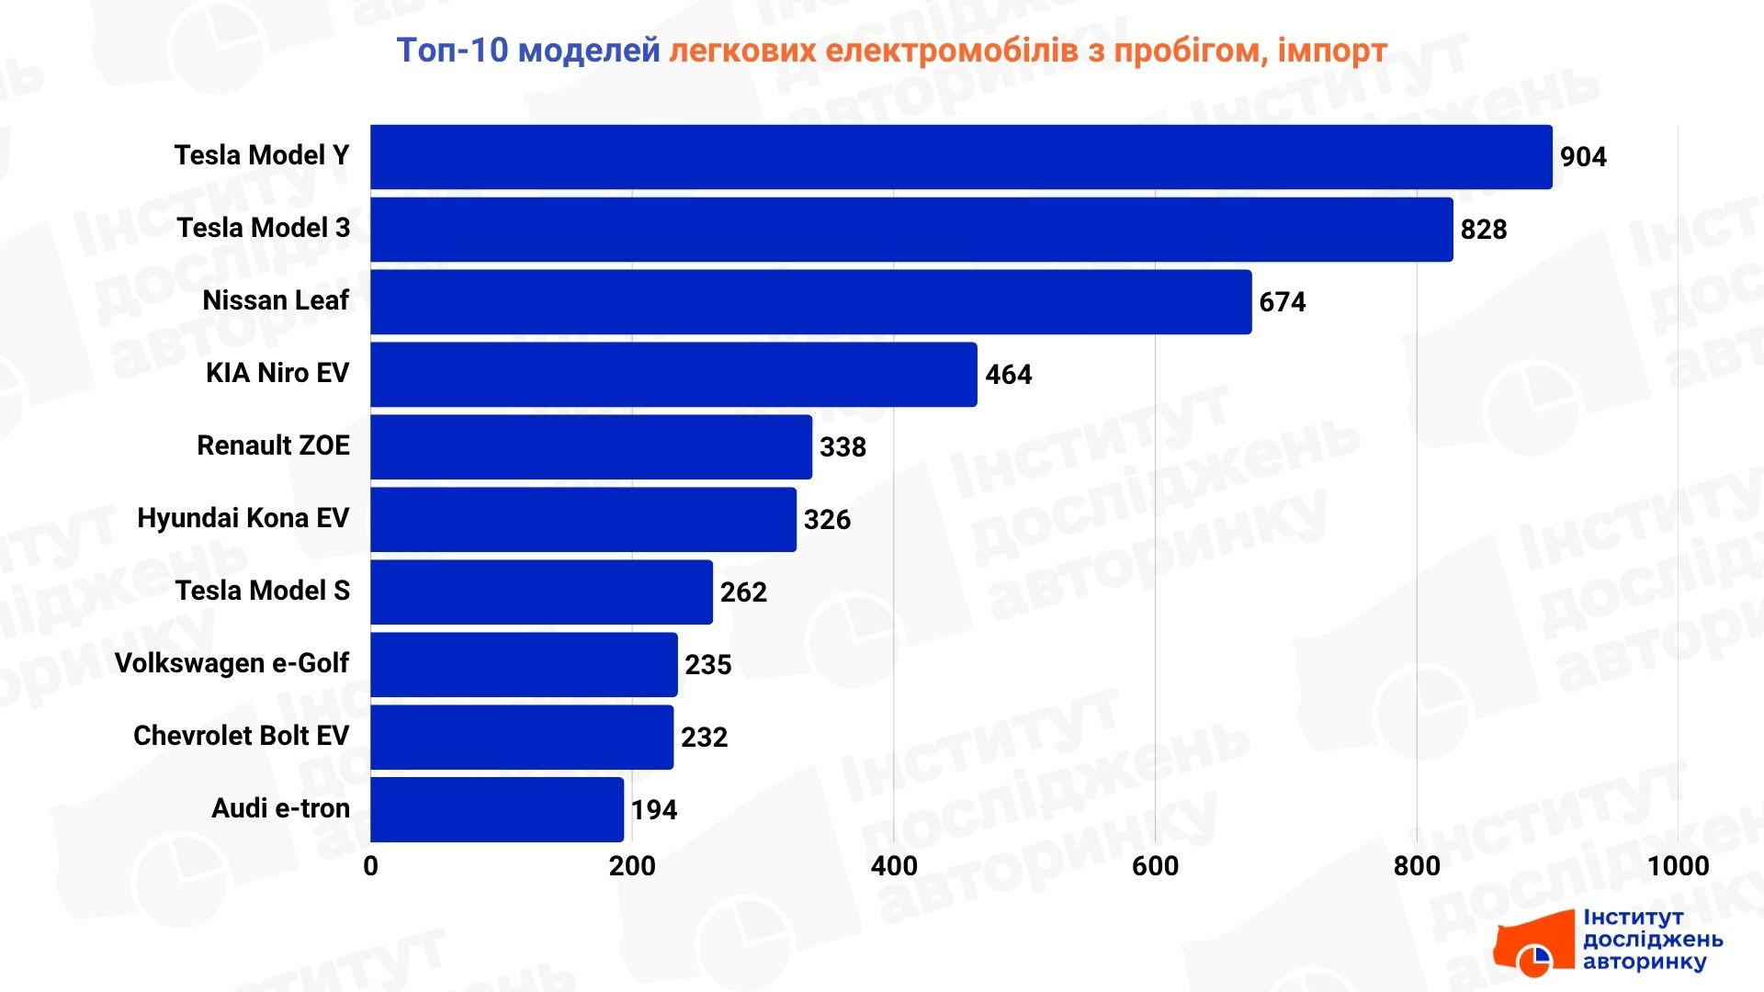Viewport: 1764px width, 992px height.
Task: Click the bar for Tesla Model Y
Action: click(961, 157)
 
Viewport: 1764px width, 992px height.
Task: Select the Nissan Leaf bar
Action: click(810, 302)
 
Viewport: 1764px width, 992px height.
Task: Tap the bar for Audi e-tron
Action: click(497, 809)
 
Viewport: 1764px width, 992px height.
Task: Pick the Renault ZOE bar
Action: click(591, 447)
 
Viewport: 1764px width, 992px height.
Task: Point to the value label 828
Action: click(1483, 230)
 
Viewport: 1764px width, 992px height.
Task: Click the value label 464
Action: click(1008, 375)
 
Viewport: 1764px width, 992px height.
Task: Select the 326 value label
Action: click(827, 520)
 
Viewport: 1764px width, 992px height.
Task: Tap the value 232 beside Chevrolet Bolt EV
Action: click(704, 738)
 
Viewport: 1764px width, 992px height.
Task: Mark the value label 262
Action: click(743, 592)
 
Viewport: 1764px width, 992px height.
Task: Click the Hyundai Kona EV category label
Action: click(243, 518)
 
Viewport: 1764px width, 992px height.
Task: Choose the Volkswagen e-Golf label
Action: click(232, 663)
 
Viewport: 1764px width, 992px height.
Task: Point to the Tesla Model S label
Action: click(263, 591)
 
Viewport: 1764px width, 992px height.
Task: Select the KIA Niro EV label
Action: click(277, 373)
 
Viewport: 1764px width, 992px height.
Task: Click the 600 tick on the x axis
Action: click(1155, 866)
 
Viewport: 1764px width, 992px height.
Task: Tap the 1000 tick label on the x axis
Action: click(1678, 866)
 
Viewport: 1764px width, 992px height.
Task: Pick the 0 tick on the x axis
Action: click(370, 866)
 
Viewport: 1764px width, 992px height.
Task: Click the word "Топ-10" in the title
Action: click(452, 51)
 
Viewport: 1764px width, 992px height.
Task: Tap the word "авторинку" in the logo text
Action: click(1644, 962)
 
